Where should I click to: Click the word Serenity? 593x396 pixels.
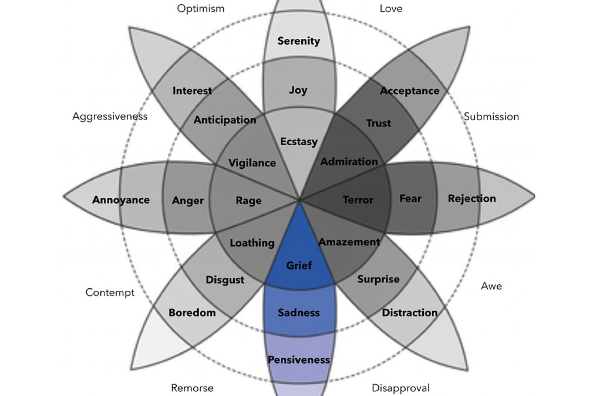click(298, 41)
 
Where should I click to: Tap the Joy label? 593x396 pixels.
click(298, 90)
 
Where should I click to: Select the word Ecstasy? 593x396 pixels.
click(298, 141)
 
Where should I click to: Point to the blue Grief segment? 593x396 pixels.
click(299, 261)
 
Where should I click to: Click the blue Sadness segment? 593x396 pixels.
click(299, 312)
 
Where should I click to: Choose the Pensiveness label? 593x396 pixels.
click(299, 360)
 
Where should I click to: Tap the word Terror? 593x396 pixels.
click(358, 200)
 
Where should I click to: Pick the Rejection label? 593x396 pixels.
click(472, 198)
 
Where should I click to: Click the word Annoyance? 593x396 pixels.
click(121, 200)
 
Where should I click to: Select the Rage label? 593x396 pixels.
click(249, 200)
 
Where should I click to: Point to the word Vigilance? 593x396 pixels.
click(252, 163)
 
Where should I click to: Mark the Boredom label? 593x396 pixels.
click(192, 312)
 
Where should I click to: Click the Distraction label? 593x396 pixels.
click(410, 312)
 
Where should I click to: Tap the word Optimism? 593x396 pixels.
click(200, 8)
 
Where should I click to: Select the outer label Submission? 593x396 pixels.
click(491, 116)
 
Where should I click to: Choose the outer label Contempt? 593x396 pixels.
click(110, 292)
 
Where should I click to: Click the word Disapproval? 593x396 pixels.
click(400, 388)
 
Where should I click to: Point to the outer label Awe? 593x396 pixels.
click(491, 286)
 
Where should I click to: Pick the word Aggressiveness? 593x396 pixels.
click(110, 116)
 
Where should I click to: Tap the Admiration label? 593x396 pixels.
click(349, 162)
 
